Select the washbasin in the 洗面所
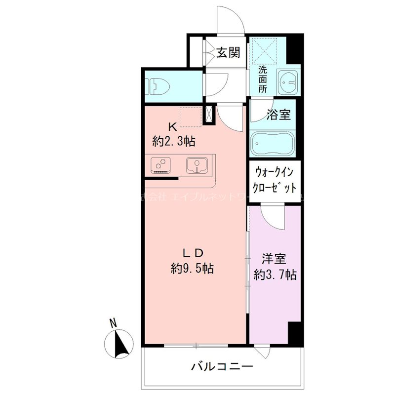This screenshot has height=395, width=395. pyautogui.click(x=287, y=81)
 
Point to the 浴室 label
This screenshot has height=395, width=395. pyautogui.click(x=278, y=115)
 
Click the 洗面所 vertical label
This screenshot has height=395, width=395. pyautogui.click(x=263, y=79)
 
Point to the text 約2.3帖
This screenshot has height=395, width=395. pyautogui.click(x=174, y=142)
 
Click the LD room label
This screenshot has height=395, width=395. pyautogui.click(x=193, y=253)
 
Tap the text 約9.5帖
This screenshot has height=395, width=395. pyautogui.click(x=193, y=269)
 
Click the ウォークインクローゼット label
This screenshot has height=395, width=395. pyautogui.click(x=275, y=180)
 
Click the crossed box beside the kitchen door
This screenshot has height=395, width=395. pyautogui.click(x=209, y=115)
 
